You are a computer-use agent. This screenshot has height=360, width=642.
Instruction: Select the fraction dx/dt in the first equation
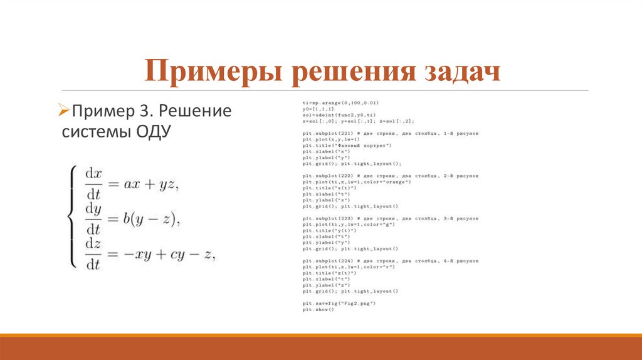[x=93, y=182]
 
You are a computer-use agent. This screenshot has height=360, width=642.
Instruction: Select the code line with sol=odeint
[x=339, y=114]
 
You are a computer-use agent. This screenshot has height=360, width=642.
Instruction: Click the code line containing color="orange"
[x=356, y=181]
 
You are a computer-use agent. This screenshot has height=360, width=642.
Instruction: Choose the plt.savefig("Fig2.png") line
[x=339, y=303]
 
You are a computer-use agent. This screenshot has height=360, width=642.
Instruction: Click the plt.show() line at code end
[x=318, y=309]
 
